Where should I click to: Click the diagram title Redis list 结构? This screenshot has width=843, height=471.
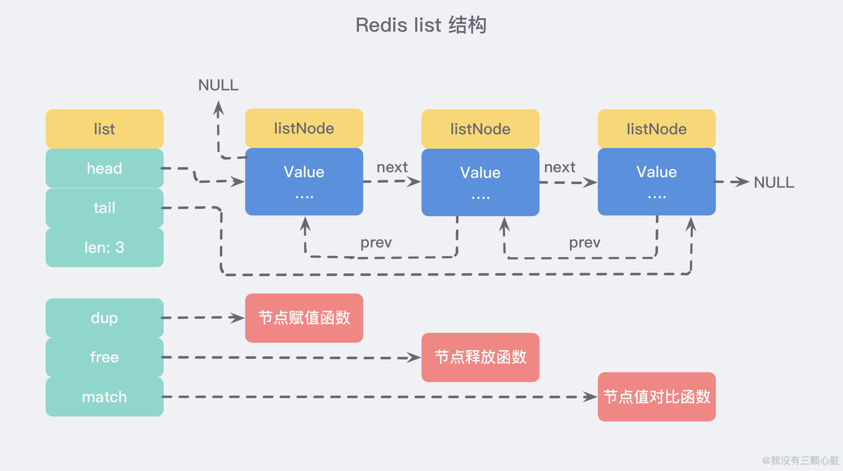[x=421, y=25]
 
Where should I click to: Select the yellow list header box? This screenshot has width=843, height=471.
[x=104, y=129]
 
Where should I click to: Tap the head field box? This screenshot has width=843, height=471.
[x=104, y=168]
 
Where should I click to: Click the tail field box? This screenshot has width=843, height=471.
[x=104, y=208]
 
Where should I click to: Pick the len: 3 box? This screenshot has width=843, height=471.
[x=104, y=247]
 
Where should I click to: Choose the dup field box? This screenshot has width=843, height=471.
[x=104, y=318]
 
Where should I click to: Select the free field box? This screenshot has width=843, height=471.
[x=104, y=357]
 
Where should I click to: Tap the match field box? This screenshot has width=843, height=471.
[x=104, y=397]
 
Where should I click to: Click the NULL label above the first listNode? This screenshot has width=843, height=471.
[x=218, y=85]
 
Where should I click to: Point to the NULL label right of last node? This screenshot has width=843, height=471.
[x=774, y=182]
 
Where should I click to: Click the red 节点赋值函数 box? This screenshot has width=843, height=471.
[x=304, y=318]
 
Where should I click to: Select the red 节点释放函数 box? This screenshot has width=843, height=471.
[x=480, y=357]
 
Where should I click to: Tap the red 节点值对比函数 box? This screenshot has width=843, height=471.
[x=656, y=397]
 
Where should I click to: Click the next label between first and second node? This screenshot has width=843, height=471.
[x=392, y=167]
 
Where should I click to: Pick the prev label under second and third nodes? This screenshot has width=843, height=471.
[x=584, y=243]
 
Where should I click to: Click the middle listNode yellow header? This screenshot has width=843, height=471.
[x=480, y=129]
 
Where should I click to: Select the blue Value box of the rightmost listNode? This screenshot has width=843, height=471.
[x=656, y=182]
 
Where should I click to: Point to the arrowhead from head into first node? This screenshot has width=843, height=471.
[x=238, y=181]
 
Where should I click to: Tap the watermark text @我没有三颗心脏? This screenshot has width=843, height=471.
[x=800, y=460]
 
